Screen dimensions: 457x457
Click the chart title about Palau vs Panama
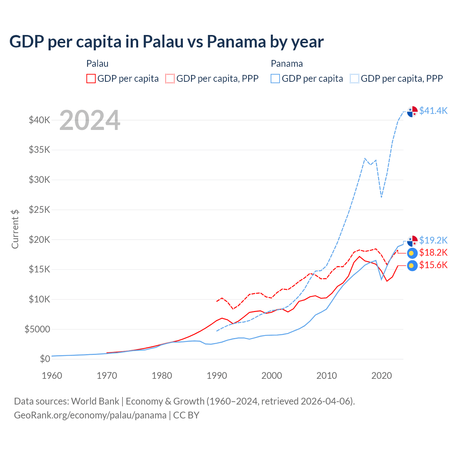[166, 41]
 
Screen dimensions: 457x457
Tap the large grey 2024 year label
[90, 120]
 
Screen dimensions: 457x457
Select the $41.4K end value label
[433, 111]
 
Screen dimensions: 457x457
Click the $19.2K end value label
[433, 240]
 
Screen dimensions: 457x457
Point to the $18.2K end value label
[433, 253]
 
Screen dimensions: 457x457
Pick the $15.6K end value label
[433, 265]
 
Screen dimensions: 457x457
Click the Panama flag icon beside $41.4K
[412, 111]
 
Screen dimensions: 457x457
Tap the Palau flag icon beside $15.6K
[412, 266]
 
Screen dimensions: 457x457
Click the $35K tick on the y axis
[40, 150]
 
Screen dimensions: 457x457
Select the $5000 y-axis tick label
[37, 329]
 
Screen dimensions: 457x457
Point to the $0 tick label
[45, 359]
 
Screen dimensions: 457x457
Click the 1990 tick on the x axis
[217, 376]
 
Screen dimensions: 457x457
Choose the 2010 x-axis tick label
[327, 376]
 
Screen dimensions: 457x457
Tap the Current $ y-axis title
[15, 229]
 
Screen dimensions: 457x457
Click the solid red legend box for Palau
[91, 79]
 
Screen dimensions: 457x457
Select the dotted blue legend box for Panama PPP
[355, 79]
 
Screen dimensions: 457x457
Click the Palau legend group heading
[97, 64]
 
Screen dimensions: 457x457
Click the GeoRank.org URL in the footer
[90, 415]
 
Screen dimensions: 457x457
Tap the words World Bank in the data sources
[95, 401]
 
